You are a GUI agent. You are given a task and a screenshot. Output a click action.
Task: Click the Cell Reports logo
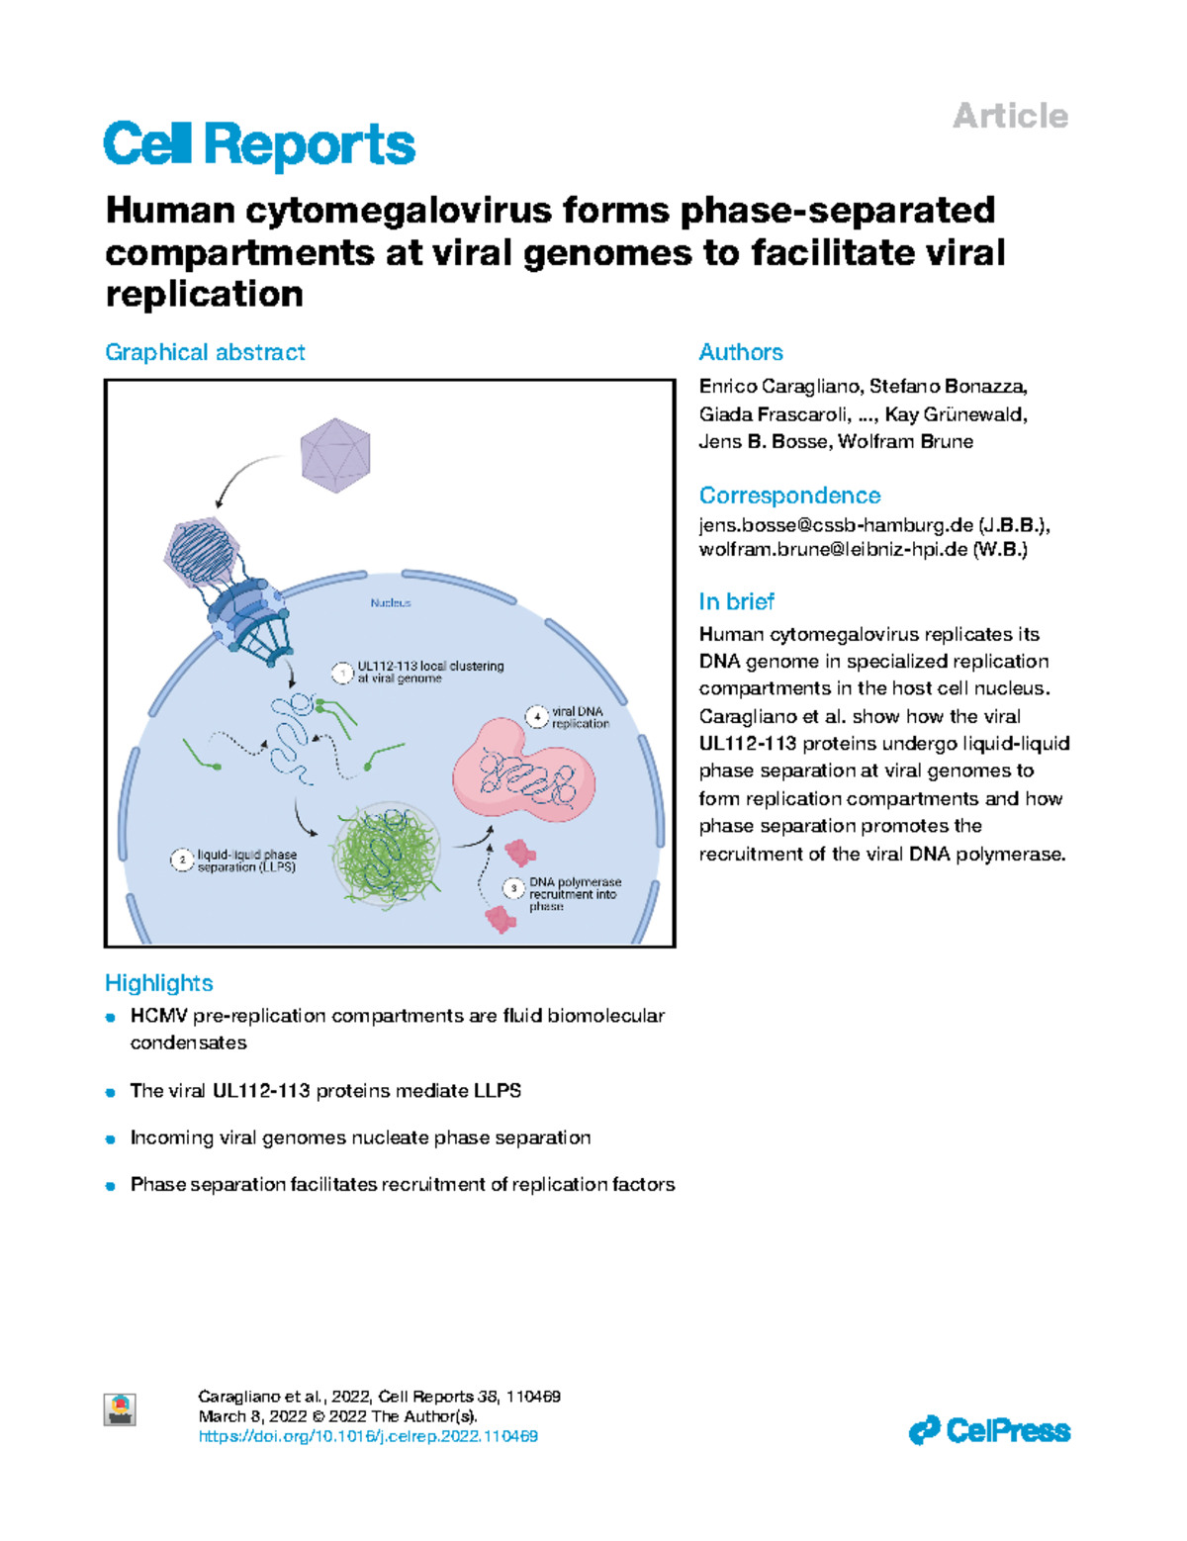[x=259, y=145]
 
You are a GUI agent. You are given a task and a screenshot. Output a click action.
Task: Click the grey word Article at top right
[x=1010, y=116]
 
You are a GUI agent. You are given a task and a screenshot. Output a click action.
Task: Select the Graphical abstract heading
[x=205, y=352]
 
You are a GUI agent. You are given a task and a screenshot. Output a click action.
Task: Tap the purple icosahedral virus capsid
[x=335, y=454]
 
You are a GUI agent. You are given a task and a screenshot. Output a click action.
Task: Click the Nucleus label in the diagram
[x=391, y=602]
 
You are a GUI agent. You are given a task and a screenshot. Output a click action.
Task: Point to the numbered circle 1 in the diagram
[x=342, y=673]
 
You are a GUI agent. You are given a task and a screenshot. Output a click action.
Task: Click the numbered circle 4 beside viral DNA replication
[x=536, y=716]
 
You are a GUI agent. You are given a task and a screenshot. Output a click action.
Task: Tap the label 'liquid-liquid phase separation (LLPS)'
[x=246, y=861]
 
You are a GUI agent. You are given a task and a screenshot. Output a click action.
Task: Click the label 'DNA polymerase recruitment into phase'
[x=574, y=893]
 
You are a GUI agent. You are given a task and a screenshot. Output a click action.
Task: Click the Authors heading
[x=740, y=352]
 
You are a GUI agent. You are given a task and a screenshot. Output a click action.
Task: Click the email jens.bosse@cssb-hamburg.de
[x=836, y=524]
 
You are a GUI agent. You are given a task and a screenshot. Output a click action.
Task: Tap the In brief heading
[x=736, y=601]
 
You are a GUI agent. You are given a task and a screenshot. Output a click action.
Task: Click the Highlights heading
[x=159, y=982]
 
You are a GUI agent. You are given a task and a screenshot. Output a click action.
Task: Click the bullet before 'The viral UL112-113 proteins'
[x=111, y=1092]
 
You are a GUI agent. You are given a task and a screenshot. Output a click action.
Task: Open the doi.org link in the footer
[x=368, y=1436]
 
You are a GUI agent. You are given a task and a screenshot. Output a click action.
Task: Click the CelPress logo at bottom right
[x=989, y=1430]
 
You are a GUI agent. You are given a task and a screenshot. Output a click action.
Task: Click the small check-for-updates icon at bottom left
[x=120, y=1408]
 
